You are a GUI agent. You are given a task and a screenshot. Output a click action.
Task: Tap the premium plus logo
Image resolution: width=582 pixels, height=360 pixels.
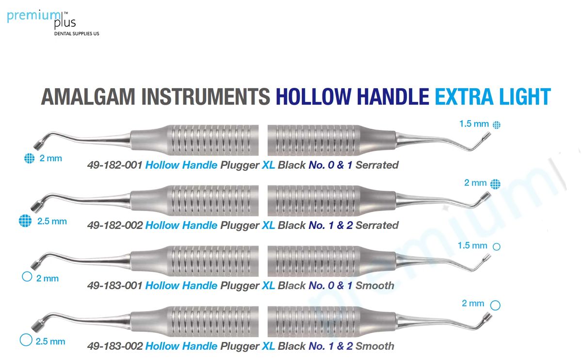tap(41, 19)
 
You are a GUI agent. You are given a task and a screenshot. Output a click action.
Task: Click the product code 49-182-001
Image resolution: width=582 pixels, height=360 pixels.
tap(114, 165)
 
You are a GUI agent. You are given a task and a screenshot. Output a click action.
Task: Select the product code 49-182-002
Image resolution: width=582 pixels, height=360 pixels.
tap(114, 225)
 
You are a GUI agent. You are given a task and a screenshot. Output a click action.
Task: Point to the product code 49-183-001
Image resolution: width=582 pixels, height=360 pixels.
tap(114, 286)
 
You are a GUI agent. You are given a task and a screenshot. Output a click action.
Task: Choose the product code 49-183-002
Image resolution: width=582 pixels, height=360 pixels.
tap(114, 346)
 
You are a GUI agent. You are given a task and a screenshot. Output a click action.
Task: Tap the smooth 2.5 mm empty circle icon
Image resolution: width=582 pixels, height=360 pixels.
tap(26, 340)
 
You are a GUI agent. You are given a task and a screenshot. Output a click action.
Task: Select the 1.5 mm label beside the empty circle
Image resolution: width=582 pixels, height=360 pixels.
tap(472, 245)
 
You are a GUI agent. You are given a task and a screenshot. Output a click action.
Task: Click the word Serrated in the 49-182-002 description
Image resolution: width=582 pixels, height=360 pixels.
tap(377, 225)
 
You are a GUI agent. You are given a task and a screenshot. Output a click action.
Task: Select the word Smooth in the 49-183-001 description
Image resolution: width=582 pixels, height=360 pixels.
tap(374, 286)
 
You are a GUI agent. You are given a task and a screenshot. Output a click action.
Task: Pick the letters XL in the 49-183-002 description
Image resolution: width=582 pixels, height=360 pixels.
tap(269, 346)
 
